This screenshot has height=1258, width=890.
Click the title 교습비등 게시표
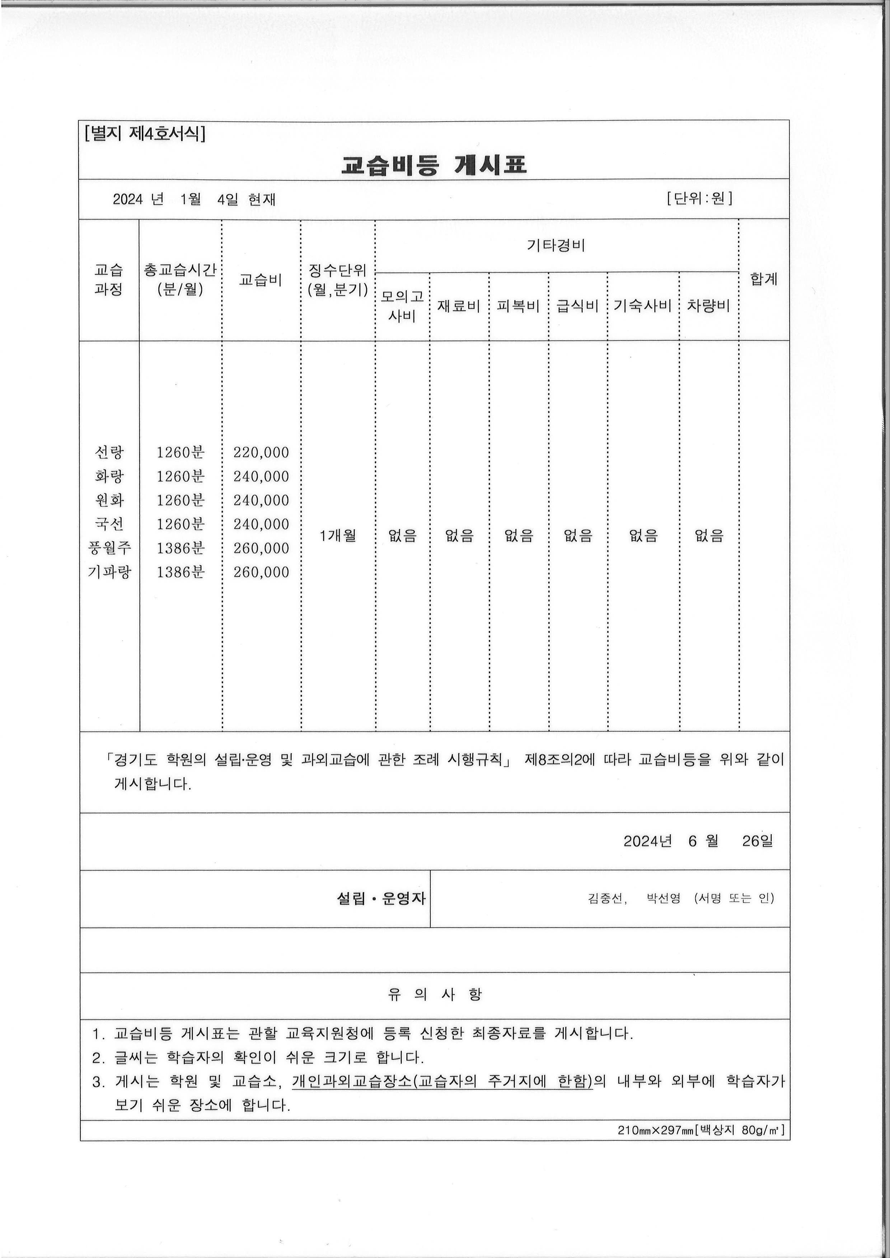click(x=434, y=164)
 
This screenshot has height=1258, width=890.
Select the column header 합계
click(x=764, y=279)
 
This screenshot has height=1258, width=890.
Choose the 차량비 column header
click(x=709, y=306)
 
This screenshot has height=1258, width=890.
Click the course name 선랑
click(x=109, y=452)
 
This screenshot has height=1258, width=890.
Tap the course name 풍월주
click(x=109, y=548)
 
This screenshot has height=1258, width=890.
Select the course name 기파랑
click(x=109, y=572)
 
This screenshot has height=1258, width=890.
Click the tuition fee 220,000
click(x=261, y=452)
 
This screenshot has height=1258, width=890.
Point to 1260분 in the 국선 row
click(x=180, y=524)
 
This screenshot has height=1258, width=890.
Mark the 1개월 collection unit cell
click(x=338, y=535)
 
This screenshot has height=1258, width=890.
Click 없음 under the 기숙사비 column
click(x=643, y=535)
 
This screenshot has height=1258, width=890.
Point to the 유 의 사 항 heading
click(x=435, y=994)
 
